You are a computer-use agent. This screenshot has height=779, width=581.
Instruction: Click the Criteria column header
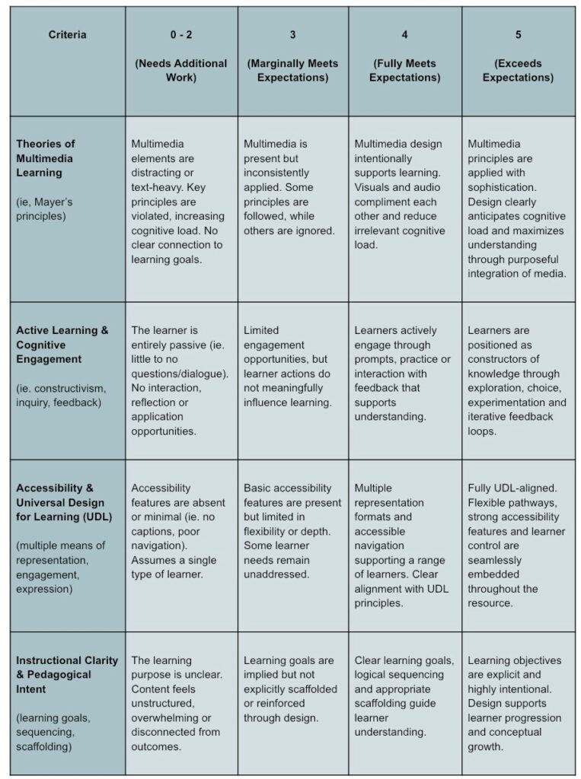[68, 35]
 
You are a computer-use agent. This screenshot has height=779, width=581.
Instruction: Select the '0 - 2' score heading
[181, 35]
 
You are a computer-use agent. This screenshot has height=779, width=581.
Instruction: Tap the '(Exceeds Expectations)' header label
[518, 71]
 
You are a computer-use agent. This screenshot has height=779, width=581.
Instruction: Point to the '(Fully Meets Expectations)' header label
[405, 71]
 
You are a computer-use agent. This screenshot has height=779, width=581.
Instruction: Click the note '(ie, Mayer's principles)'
[46, 209]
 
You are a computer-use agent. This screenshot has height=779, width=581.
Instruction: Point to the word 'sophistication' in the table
[502, 188]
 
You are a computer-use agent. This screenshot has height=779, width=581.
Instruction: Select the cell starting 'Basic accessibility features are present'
[292, 531]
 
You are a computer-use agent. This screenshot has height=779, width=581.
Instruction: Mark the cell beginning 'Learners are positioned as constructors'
[517, 381]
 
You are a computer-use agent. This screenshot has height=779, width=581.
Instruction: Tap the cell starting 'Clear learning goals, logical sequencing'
[404, 696]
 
